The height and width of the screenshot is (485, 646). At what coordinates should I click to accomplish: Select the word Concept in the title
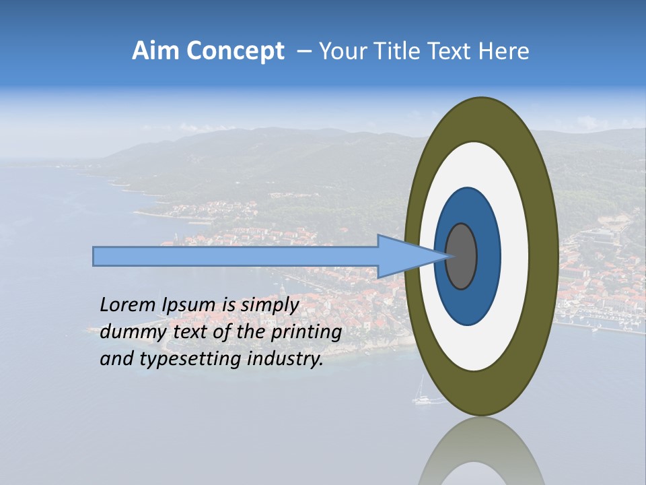click(236, 51)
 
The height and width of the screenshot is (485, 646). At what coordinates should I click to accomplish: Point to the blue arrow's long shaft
click(236, 257)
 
